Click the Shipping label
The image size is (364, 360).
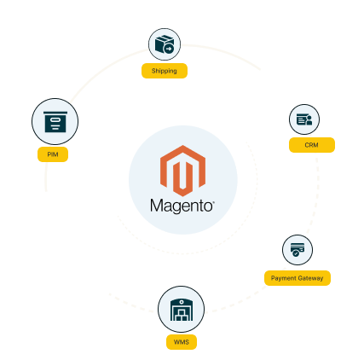tap(165, 71)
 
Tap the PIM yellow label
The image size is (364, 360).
tap(53, 154)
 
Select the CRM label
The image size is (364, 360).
tap(312, 145)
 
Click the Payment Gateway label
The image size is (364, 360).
tap(298, 278)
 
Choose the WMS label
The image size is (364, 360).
tap(182, 342)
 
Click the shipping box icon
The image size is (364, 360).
tap(165, 44)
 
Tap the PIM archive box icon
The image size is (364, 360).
tap(55, 122)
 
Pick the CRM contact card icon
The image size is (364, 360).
tap(304, 119)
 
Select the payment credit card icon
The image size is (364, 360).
tap(298, 250)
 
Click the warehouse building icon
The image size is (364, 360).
tap(182, 310)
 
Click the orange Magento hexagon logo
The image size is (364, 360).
tap(182, 171)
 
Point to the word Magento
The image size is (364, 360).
tap(182, 206)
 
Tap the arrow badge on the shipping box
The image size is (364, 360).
tap(169, 49)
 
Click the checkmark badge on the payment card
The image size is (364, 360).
tap(296, 253)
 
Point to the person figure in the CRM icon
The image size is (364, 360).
tap(309, 120)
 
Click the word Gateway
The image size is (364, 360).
tap(312, 278)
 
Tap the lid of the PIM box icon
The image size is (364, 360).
tap(55, 113)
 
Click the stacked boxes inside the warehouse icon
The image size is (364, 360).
tap(182, 316)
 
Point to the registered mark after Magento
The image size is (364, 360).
tap(214, 202)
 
